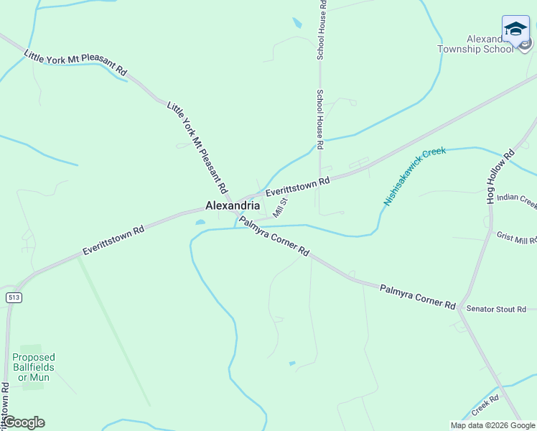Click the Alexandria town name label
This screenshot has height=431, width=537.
point(232,205)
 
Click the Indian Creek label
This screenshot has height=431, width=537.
point(516,198)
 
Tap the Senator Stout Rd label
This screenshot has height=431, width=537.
point(496,309)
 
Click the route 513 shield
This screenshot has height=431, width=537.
point(12,297)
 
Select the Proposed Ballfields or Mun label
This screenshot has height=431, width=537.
point(33,366)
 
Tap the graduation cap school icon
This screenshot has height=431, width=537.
point(515,29)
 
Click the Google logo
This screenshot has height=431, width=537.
point(24,422)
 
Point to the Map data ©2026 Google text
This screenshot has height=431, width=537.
point(492,425)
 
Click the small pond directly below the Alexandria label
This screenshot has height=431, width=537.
point(200,222)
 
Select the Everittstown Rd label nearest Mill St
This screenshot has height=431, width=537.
point(297,187)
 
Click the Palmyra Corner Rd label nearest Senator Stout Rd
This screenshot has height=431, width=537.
point(418,296)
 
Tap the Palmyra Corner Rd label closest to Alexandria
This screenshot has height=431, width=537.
point(274,237)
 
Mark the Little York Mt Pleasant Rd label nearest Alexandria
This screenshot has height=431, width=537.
point(197,148)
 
